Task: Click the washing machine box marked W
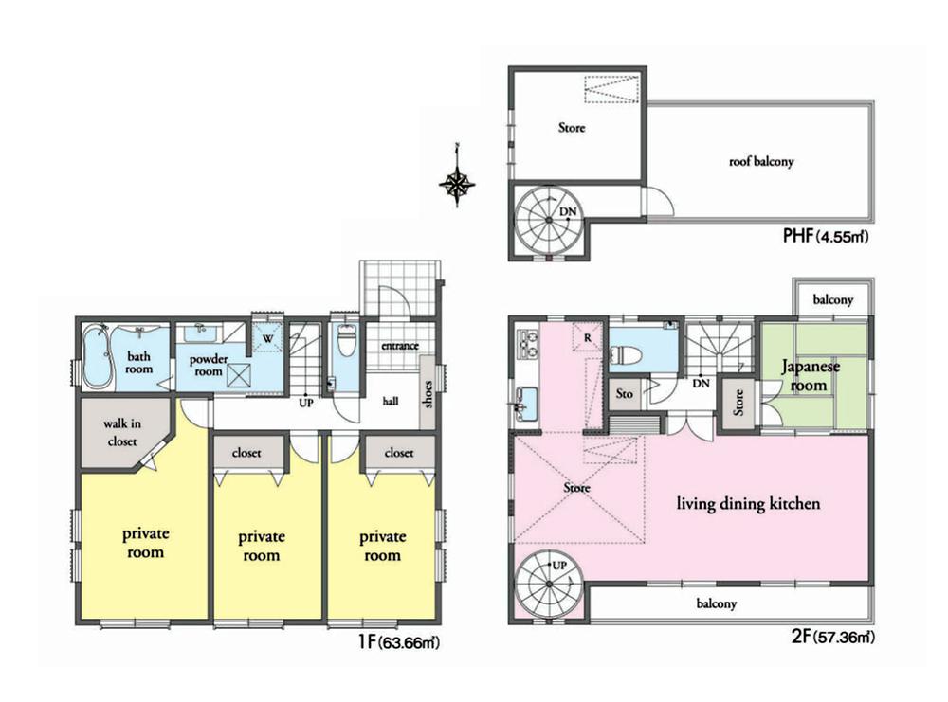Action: coord(266,337)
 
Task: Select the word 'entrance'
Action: coord(399,346)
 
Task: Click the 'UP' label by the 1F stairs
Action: coord(305,402)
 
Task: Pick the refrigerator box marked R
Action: coord(588,336)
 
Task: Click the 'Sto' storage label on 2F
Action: coord(624,392)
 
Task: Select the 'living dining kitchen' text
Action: coord(747,504)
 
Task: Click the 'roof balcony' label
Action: coord(761,162)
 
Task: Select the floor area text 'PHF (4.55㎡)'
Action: coord(826,236)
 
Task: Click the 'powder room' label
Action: coord(209,366)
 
